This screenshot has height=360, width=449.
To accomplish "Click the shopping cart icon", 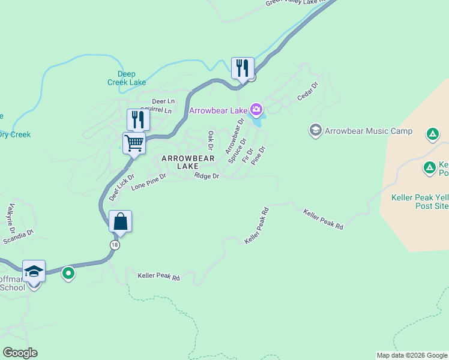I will [x=134, y=143].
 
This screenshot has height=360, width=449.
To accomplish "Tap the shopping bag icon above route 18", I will [x=120, y=221].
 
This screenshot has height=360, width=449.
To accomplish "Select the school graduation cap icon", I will [x=34, y=271].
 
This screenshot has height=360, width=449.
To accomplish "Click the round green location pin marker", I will [x=68, y=274].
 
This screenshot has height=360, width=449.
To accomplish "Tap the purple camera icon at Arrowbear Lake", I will [x=256, y=109].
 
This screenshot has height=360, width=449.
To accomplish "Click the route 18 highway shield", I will [x=114, y=245].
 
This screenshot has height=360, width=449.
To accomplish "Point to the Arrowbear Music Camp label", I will [x=368, y=131].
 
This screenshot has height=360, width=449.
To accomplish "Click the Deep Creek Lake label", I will [x=131, y=78].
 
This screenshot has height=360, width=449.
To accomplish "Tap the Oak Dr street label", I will [x=211, y=140].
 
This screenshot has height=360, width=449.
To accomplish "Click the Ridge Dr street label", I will [x=206, y=176].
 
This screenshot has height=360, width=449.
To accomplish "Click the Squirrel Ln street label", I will [x=155, y=111].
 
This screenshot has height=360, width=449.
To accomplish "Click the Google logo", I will [x=20, y=353].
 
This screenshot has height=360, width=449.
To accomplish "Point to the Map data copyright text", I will [x=411, y=355].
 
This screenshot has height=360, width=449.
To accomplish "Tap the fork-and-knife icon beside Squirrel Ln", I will [x=138, y=119].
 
